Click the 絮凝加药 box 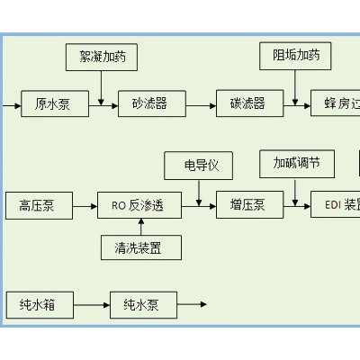pos(102,58)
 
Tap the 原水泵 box pos(52,104)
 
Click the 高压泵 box pos(36,205)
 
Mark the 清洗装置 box pos(139,247)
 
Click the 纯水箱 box pos(36,305)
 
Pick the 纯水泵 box pos(141,305)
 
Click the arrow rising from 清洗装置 pos(139,226)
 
